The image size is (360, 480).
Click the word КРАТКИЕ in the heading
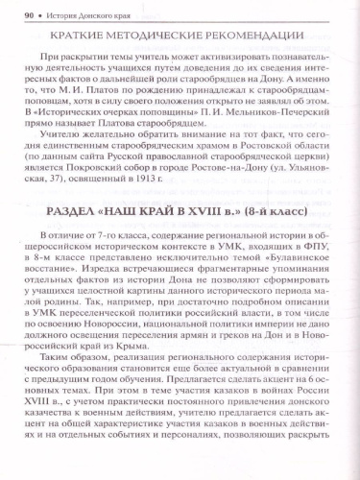point(90,37)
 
